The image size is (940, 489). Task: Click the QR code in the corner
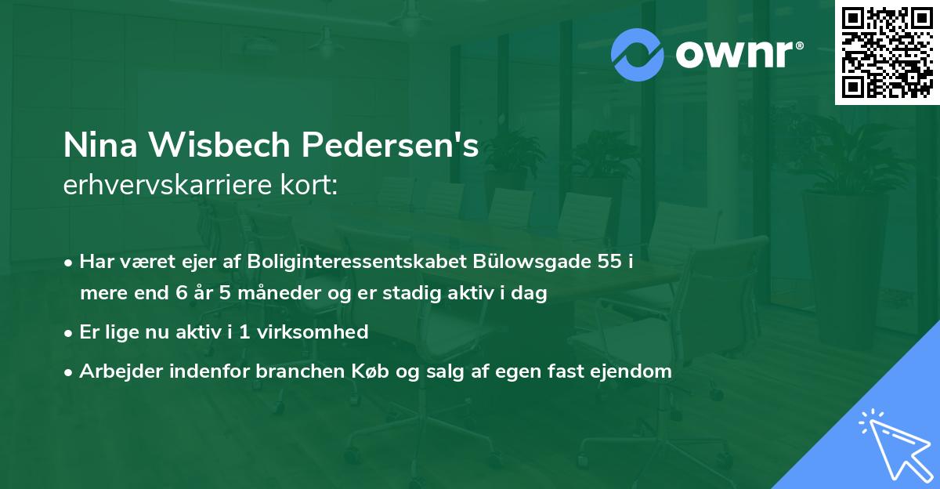[887, 52]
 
